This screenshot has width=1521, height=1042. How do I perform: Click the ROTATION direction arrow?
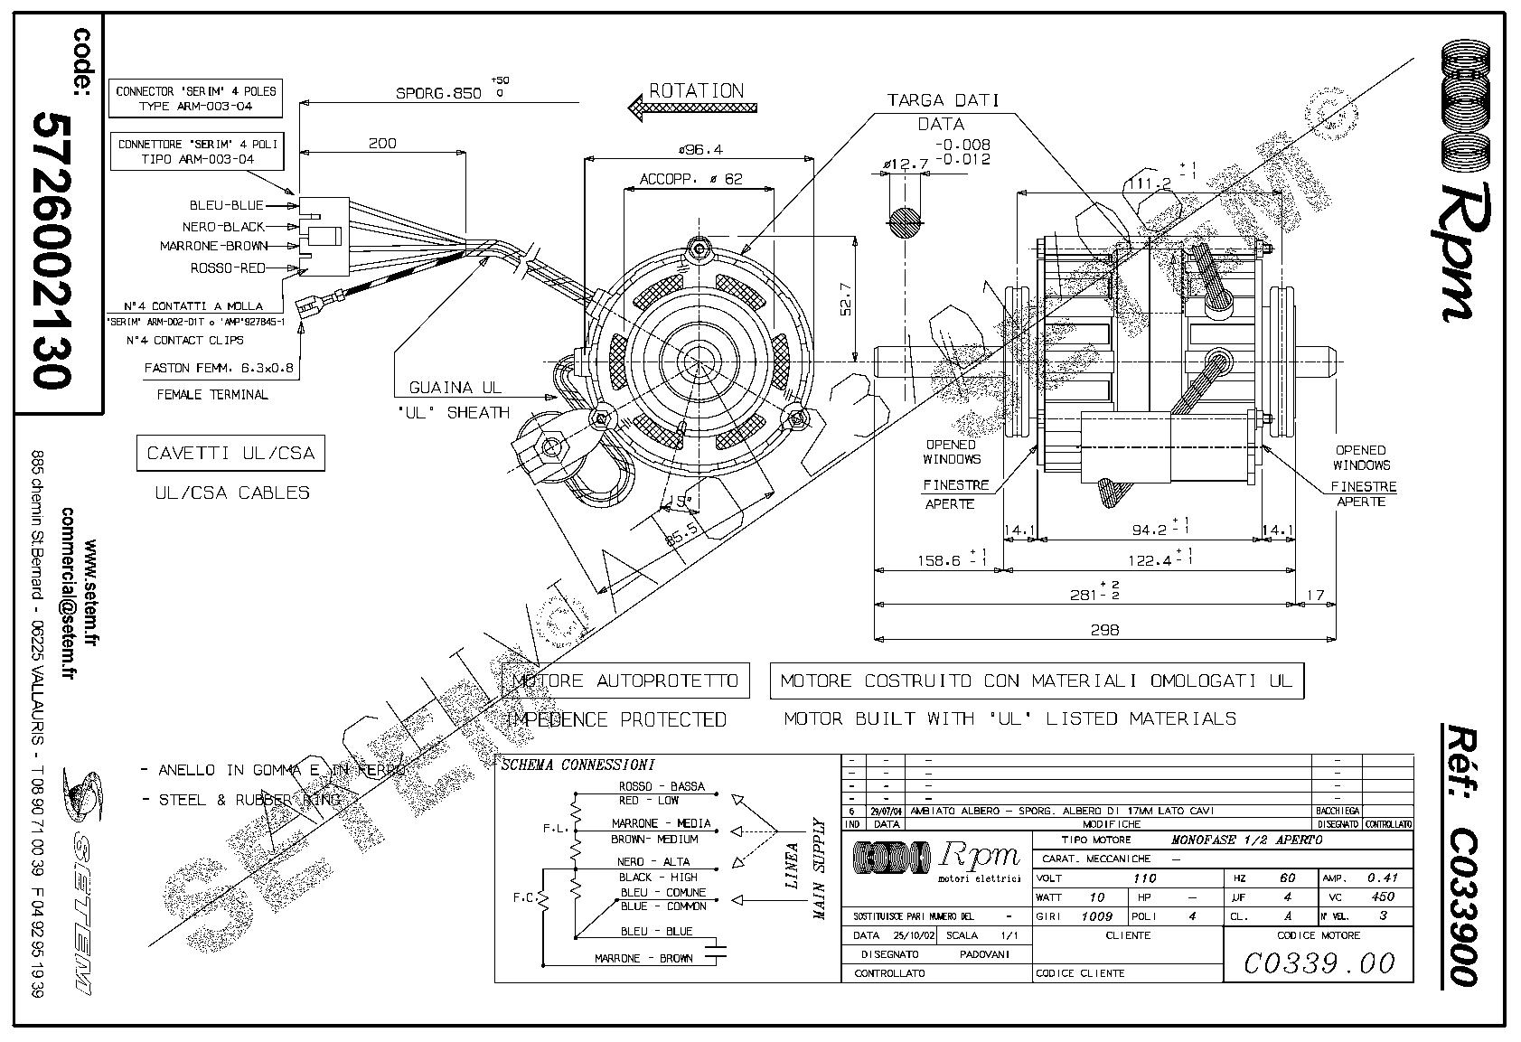(691, 108)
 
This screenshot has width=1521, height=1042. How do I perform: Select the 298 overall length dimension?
(1104, 630)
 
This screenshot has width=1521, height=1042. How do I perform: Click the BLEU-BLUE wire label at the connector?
(226, 205)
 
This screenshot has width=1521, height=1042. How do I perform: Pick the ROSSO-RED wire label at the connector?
(227, 268)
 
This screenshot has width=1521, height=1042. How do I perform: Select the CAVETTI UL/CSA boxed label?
(230, 453)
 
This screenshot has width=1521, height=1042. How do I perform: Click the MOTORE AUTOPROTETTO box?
(624, 681)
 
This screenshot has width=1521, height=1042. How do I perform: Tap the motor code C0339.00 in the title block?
(1319, 963)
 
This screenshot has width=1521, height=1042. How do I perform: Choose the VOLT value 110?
(1145, 878)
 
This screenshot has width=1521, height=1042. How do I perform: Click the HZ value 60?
(1287, 878)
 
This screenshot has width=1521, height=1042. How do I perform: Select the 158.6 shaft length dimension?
(940, 560)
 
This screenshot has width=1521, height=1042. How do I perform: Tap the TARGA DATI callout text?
(942, 100)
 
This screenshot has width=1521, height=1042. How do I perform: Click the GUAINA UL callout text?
(455, 388)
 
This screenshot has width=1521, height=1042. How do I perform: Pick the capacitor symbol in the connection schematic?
(717, 950)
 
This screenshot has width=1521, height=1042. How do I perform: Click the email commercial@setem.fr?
(67, 594)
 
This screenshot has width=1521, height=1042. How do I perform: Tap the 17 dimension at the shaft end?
(1315, 596)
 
